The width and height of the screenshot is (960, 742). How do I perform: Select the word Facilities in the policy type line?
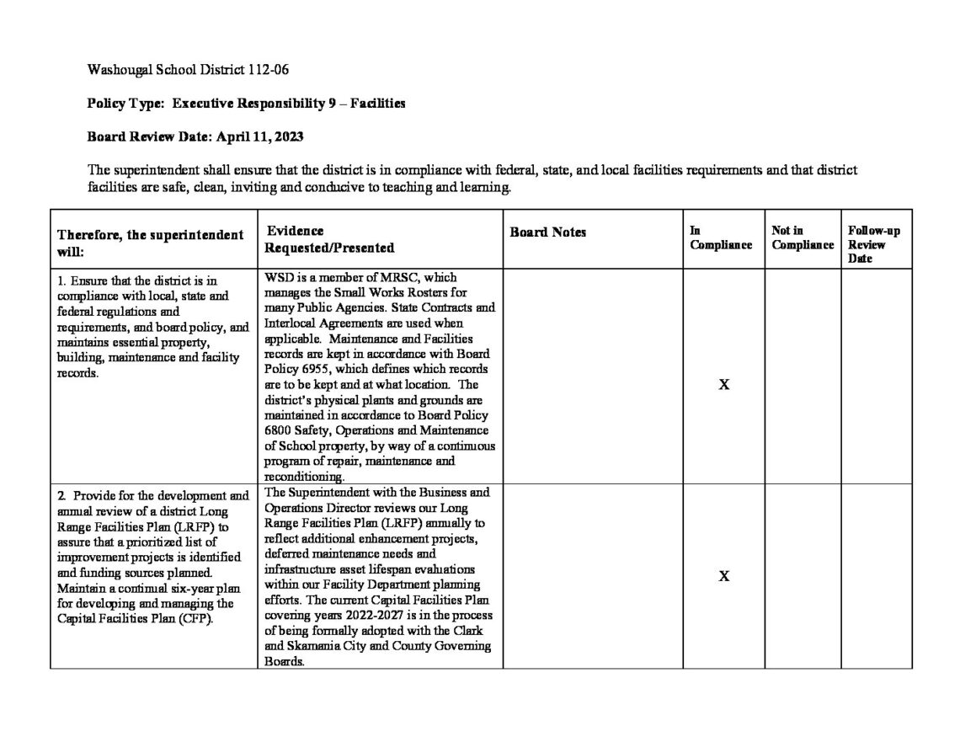pos(378,103)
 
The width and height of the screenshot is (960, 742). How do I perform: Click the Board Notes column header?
pos(548,232)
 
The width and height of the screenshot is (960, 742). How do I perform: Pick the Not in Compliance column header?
pos(802,238)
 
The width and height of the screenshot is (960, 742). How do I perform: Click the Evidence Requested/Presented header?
pos(329,239)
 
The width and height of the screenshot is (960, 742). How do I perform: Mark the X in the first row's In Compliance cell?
pos(723,385)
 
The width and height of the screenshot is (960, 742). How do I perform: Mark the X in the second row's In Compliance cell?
pos(723,576)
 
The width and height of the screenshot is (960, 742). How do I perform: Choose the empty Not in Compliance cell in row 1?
pos(802,376)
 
